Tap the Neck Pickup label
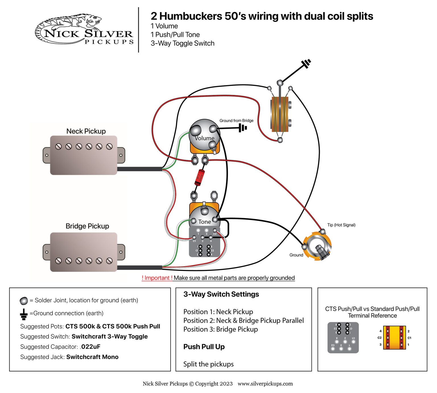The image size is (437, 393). [x=86, y=131]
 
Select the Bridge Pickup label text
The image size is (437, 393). [x=87, y=226]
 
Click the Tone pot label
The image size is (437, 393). [x=204, y=222]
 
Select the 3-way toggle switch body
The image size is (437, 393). [x=280, y=114]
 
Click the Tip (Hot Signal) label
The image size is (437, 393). [x=341, y=225]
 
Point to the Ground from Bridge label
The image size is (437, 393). [x=236, y=121]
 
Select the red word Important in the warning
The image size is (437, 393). [x=157, y=278]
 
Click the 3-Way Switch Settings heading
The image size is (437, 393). [x=221, y=294]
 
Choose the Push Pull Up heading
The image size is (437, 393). [x=204, y=347]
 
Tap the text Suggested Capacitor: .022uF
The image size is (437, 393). [x=60, y=347]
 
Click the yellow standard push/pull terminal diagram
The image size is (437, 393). [x=394, y=338]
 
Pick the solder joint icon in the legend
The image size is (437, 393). [x=24, y=301]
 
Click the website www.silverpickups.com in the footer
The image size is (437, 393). [x=265, y=384]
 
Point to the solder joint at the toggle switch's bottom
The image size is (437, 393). [x=280, y=140]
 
